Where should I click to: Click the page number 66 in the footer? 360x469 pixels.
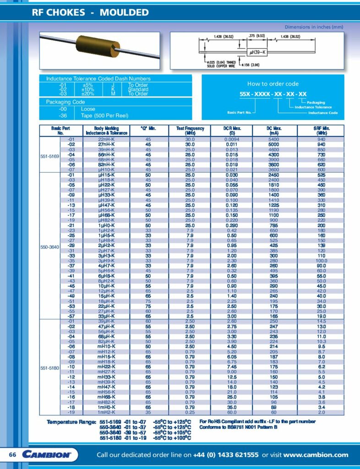click(x=13, y=454)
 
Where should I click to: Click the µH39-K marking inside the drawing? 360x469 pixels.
click(x=257, y=52)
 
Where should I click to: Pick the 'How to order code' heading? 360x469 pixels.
click(x=273, y=84)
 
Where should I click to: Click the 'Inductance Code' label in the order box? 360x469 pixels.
click(x=323, y=113)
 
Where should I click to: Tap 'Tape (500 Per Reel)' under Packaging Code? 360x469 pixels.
click(x=104, y=115)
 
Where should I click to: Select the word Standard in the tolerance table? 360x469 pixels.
click(x=138, y=89)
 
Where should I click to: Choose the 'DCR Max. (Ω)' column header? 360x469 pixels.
click(x=231, y=131)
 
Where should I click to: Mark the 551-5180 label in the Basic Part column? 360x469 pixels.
click(x=50, y=368)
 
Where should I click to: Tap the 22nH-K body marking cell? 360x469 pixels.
click(x=107, y=139)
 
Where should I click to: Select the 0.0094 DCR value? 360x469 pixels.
click(x=231, y=139)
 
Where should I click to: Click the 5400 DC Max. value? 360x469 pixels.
click(x=273, y=139)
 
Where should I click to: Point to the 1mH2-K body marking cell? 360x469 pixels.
click(x=107, y=413)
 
